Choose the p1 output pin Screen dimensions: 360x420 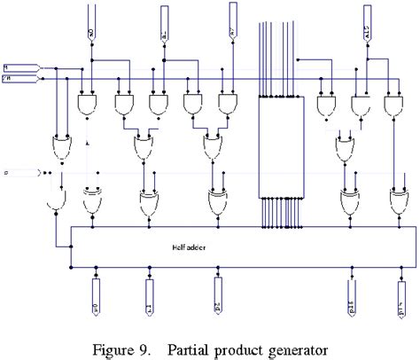[x=148, y=298]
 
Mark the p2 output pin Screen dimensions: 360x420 [x=218, y=298]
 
